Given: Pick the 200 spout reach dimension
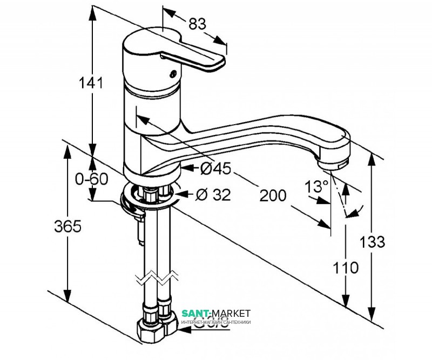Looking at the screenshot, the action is click(x=272, y=196).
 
